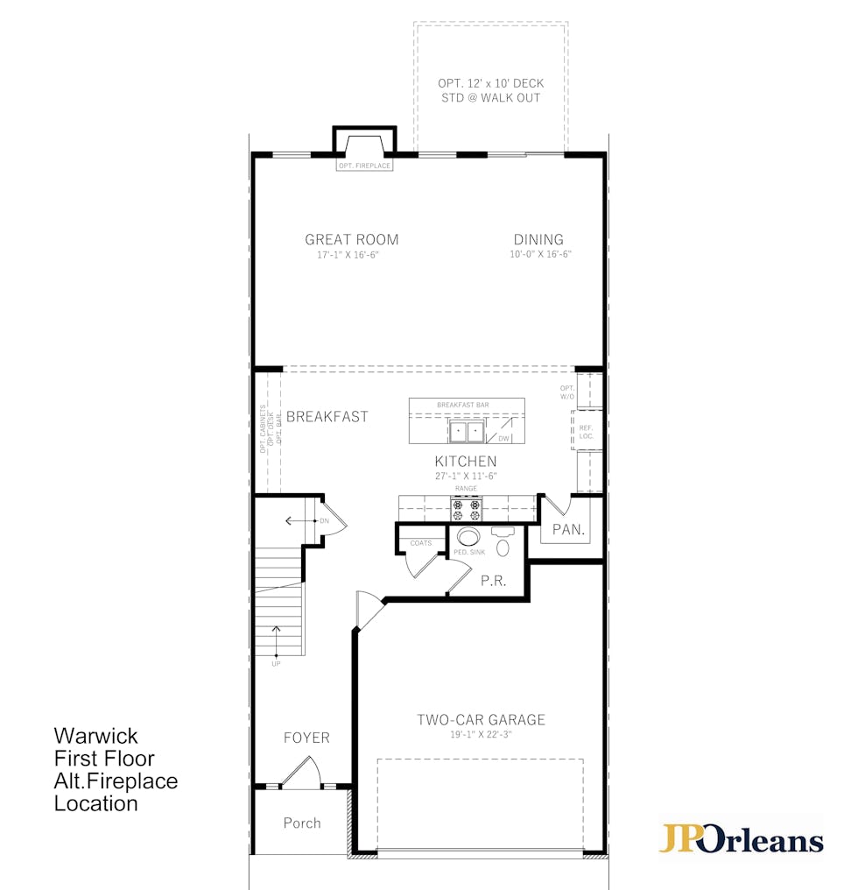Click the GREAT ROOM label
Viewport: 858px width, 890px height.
[x=352, y=239]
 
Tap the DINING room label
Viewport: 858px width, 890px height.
[x=538, y=239]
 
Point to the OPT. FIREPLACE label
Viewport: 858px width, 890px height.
[x=365, y=166]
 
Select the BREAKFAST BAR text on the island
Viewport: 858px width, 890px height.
[x=463, y=405]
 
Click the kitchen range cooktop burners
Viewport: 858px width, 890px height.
[x=467, y=510]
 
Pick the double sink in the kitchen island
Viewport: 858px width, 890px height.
[x=467, y=431]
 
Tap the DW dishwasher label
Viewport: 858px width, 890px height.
[x=503, y=438]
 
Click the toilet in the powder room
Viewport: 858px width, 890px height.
[x=503, y=541]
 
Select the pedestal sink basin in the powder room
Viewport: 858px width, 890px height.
[x=468, y=535]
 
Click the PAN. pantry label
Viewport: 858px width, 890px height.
[x=568, y=530]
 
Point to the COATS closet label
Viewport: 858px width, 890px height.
[x=421, y=543]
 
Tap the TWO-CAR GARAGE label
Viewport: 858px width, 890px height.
[x=482, y=720]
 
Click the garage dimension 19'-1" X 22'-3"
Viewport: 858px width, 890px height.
[x=482, y=734]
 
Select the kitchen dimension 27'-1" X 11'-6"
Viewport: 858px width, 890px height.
[x=466, y=477]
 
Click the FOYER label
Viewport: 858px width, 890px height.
[x=306, y=738]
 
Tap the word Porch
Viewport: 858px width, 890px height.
[x=302, y=823]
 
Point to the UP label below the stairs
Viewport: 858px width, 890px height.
[x=276, y=663]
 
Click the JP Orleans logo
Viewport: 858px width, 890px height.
[x=741, y=838]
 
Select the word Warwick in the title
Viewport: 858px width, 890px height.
[x=96, y=736]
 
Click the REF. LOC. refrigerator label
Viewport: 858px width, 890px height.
[x=587, y=432]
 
